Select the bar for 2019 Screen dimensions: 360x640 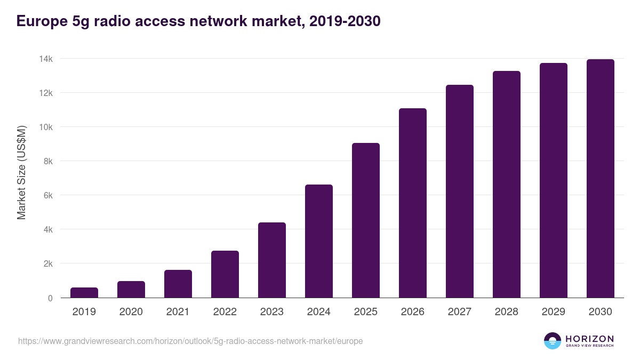[84, 293]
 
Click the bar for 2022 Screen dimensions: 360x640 [225, 274]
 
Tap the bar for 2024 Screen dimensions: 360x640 [319, 241]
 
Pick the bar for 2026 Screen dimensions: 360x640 [413, 203]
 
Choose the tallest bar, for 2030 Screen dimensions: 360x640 [601, 178]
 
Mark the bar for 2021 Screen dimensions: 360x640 [178, 284]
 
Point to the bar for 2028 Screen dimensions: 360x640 [507, 184]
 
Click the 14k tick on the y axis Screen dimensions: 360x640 [45, 59]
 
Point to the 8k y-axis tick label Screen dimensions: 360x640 [47, 161]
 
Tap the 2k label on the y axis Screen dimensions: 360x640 [47, 263]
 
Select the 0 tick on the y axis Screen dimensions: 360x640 [50, 298]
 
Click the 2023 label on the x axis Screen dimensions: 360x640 [272, 312]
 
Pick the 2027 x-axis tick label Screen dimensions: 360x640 [460, 312]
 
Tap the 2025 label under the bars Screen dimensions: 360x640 [366, 312]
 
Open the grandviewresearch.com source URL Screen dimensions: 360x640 [190, 341]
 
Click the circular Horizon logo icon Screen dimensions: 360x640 [553, 341]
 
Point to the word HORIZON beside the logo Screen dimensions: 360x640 [589, 339]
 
